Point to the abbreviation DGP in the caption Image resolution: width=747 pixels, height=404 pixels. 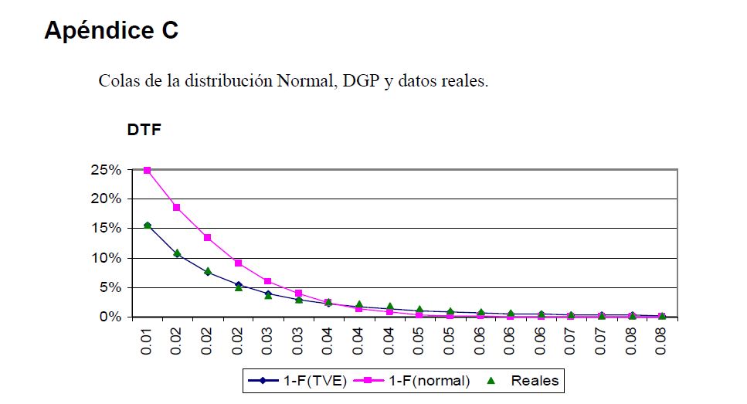coord(362,81)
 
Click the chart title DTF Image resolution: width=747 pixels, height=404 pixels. coord(144,131)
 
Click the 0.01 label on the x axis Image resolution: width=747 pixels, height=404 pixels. coord(147,340)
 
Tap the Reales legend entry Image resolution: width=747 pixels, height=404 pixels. coord(534,381)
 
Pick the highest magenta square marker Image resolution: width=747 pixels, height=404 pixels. coord(147,170)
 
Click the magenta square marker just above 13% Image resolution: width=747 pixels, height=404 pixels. coord(208,237)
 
